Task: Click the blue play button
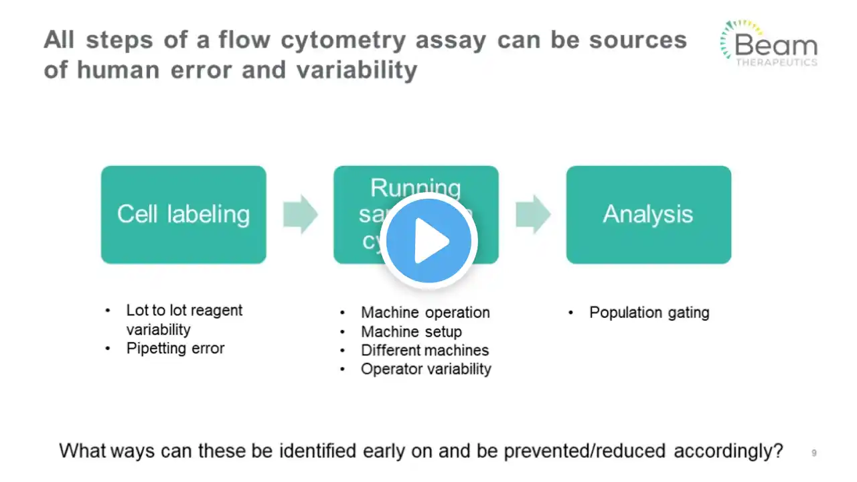429,241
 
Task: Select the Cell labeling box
183,214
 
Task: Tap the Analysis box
648,214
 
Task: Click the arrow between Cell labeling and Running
300,214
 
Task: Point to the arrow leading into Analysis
533,214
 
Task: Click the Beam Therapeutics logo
769,44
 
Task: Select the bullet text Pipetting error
175,348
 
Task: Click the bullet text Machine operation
425,313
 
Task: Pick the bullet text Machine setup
411,331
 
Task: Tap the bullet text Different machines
424,350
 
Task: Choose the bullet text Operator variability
426,369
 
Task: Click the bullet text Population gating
649,313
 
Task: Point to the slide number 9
814,453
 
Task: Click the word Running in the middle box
416,188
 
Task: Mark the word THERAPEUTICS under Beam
776,62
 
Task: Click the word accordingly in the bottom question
728,451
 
